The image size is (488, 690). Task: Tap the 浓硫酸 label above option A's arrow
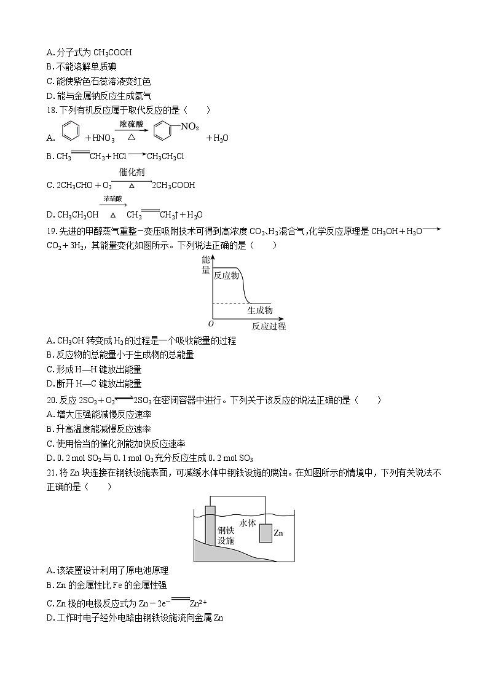(x=131, y=124)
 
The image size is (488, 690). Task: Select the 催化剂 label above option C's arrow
(x=132, y=172)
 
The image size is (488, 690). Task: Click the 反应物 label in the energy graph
(x=226, y=276)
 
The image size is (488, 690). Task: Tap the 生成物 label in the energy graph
(x=260, y=311)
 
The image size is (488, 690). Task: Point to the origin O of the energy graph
(x=211, y=324)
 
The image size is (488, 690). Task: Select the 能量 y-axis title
(x=206, y=265)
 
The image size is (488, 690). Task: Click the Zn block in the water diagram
(x=265, y=533)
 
